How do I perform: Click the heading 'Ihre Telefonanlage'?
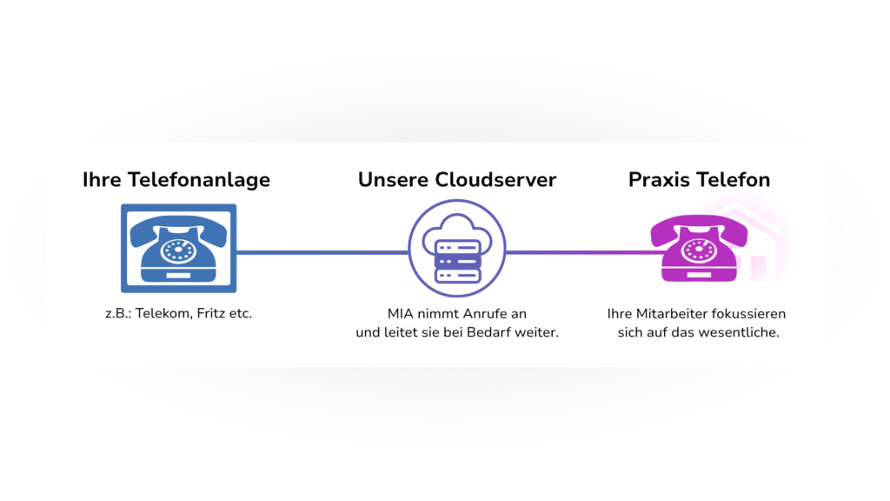tap(176, 180)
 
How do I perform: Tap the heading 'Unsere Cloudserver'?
tap(457, 180)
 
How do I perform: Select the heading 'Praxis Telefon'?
tap(699, 180)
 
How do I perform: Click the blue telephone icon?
tap(178, 248)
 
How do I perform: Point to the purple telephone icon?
tap(699, 249)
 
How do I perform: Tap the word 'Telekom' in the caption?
tap(166, 313)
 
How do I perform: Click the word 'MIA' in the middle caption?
tap(402, 313)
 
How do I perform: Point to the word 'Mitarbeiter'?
tap(667, 313)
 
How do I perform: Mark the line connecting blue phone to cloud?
tap(322, 253)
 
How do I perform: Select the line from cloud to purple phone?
tap(578, 253)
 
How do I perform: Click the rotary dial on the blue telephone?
tap(178, 251)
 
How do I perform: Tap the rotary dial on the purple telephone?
tap(699, 251)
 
